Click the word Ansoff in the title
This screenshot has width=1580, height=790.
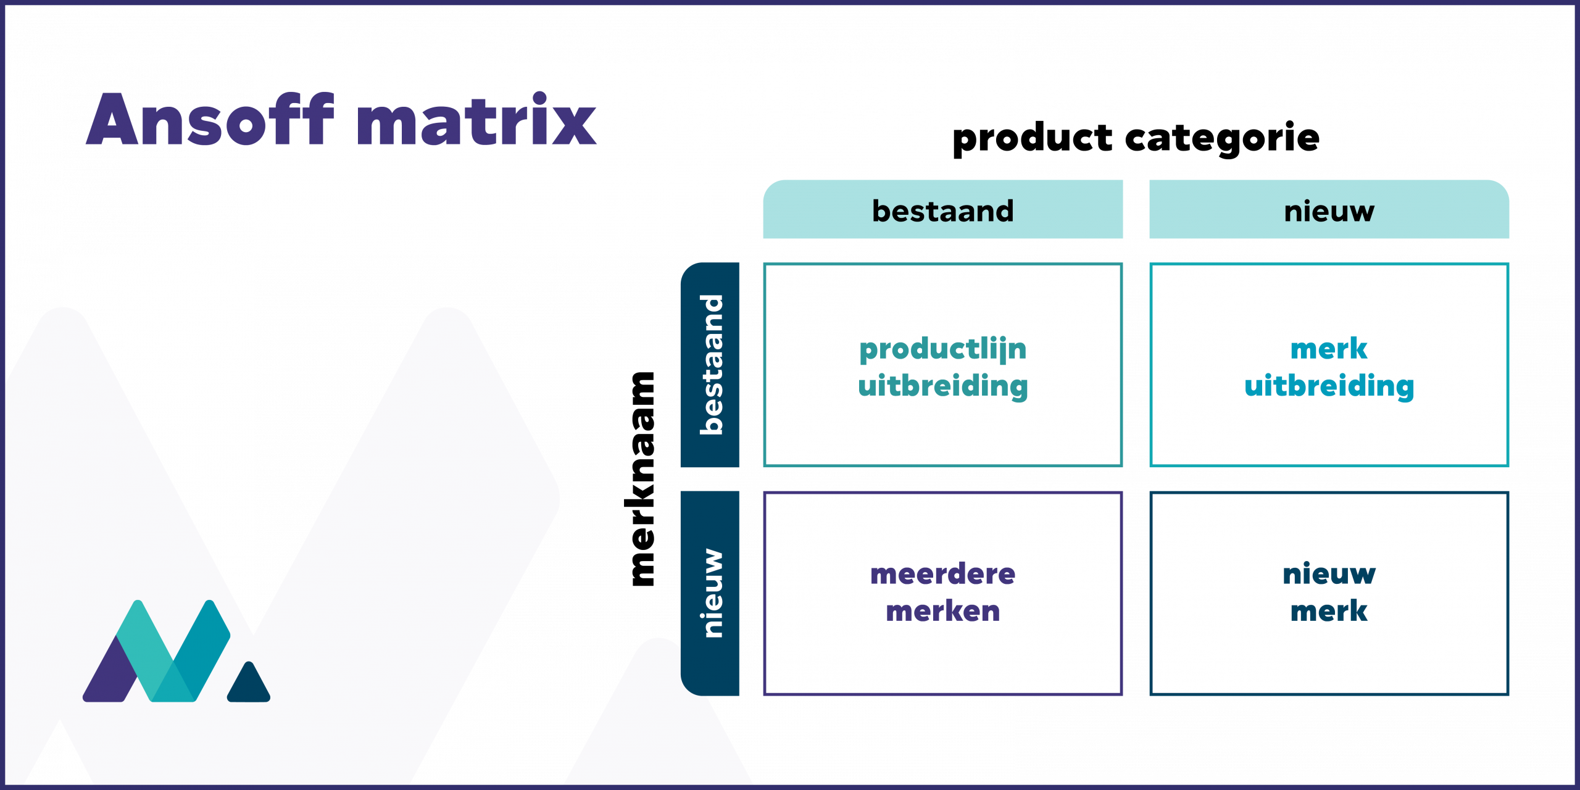[x=210, y=120]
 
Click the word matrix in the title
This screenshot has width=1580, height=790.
[x=476, y=120]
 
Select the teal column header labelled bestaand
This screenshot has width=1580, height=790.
[x=942, y=210]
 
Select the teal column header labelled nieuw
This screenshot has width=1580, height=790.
[x=1329, y=210]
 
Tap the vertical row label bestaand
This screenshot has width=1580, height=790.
[x=710, y=365]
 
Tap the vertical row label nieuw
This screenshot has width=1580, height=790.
[x=710, y=593]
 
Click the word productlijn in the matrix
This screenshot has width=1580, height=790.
[x=942, y=349]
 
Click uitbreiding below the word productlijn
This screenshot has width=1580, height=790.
[x=942, y=386]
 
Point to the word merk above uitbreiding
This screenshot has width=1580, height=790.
[x=1329, y=349]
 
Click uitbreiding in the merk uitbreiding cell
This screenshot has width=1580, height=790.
[x=1329, y=386]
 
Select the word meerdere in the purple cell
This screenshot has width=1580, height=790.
[x=942, y=574]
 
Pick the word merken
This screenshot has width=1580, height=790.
[x=942, y=611]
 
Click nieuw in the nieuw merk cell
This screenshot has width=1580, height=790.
[x=1329, y=574]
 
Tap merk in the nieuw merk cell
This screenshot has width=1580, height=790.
[x=1329, y=611]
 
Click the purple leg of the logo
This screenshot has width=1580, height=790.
[x=111, y=676]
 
